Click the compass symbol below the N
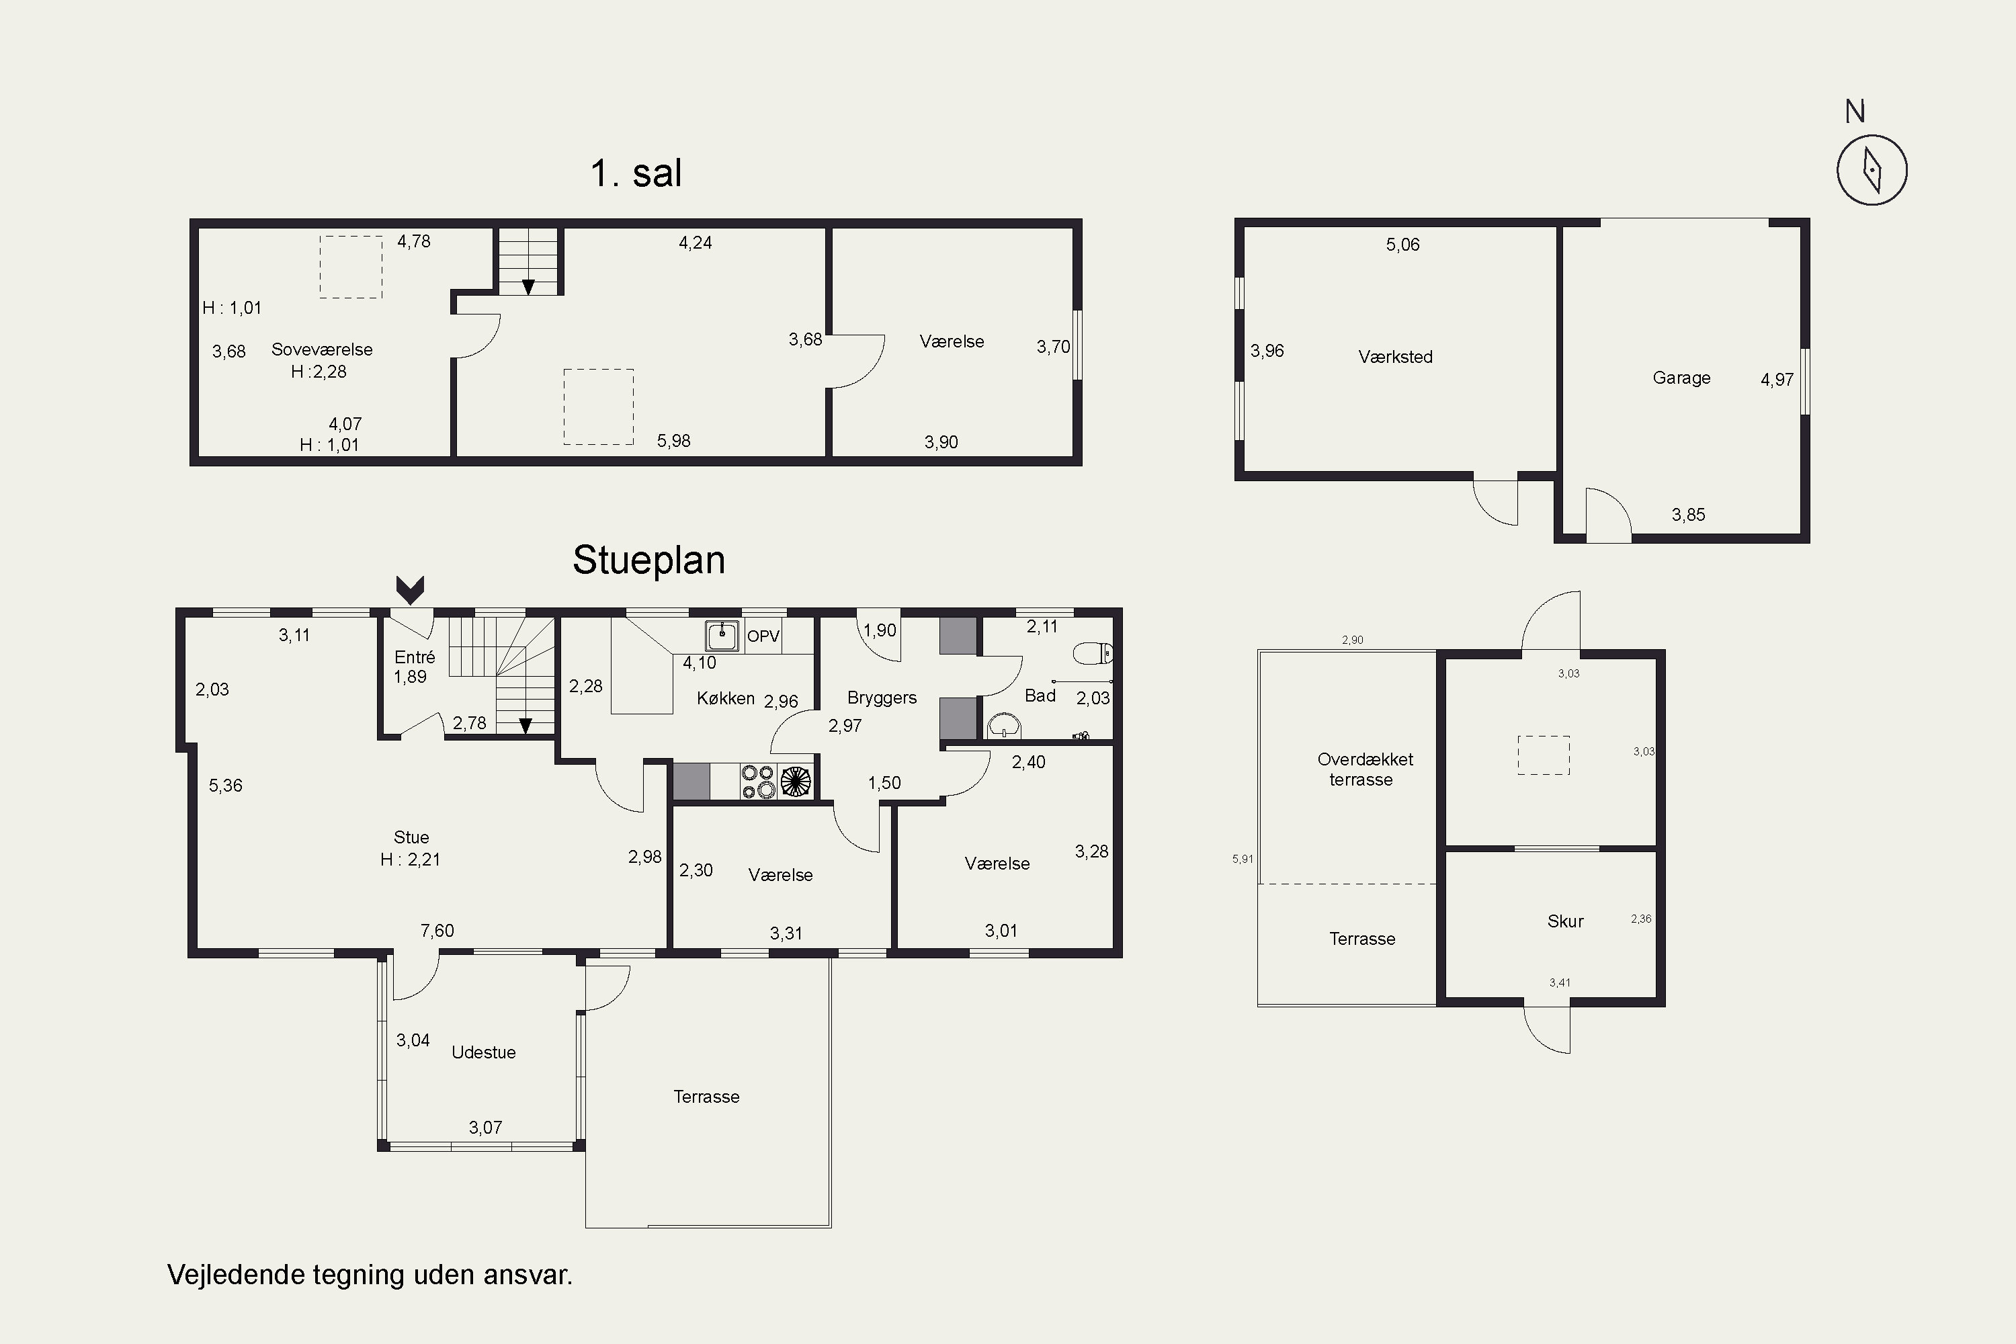click(x=1872, y=170)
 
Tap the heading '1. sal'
click(x=636, y=173)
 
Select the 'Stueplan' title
click(x=649, y=560)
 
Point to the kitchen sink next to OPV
click(x=722, y=636)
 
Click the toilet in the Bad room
click(x=1093, y=653)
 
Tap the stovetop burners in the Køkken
click(x=758, y=782)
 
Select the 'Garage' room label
click(x=1681, y=378)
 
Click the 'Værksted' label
click(x=1396, y=357)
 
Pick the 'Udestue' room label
click(x=483, y=1052)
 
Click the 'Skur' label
click(x=1565, y=921)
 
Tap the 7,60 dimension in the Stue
click(x=437, y=931)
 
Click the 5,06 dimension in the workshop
click(x=1403, y=245)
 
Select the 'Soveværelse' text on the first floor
click(x=323, y=349)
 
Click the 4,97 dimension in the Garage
click(x=1777, y=380)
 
